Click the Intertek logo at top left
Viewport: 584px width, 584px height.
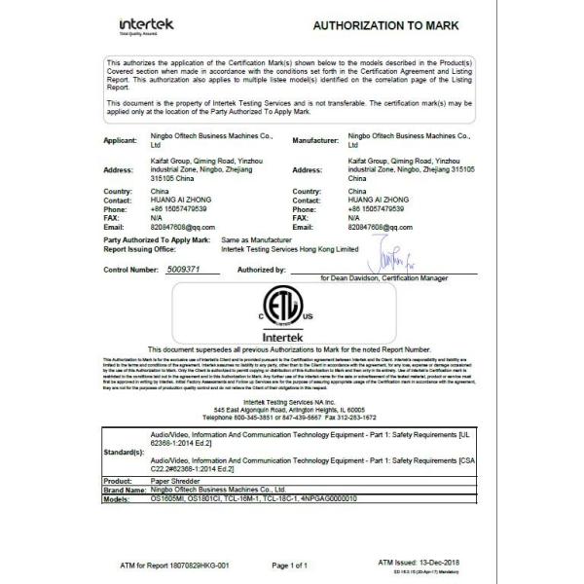click(147, 23)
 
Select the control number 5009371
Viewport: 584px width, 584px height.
click(183, 268)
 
